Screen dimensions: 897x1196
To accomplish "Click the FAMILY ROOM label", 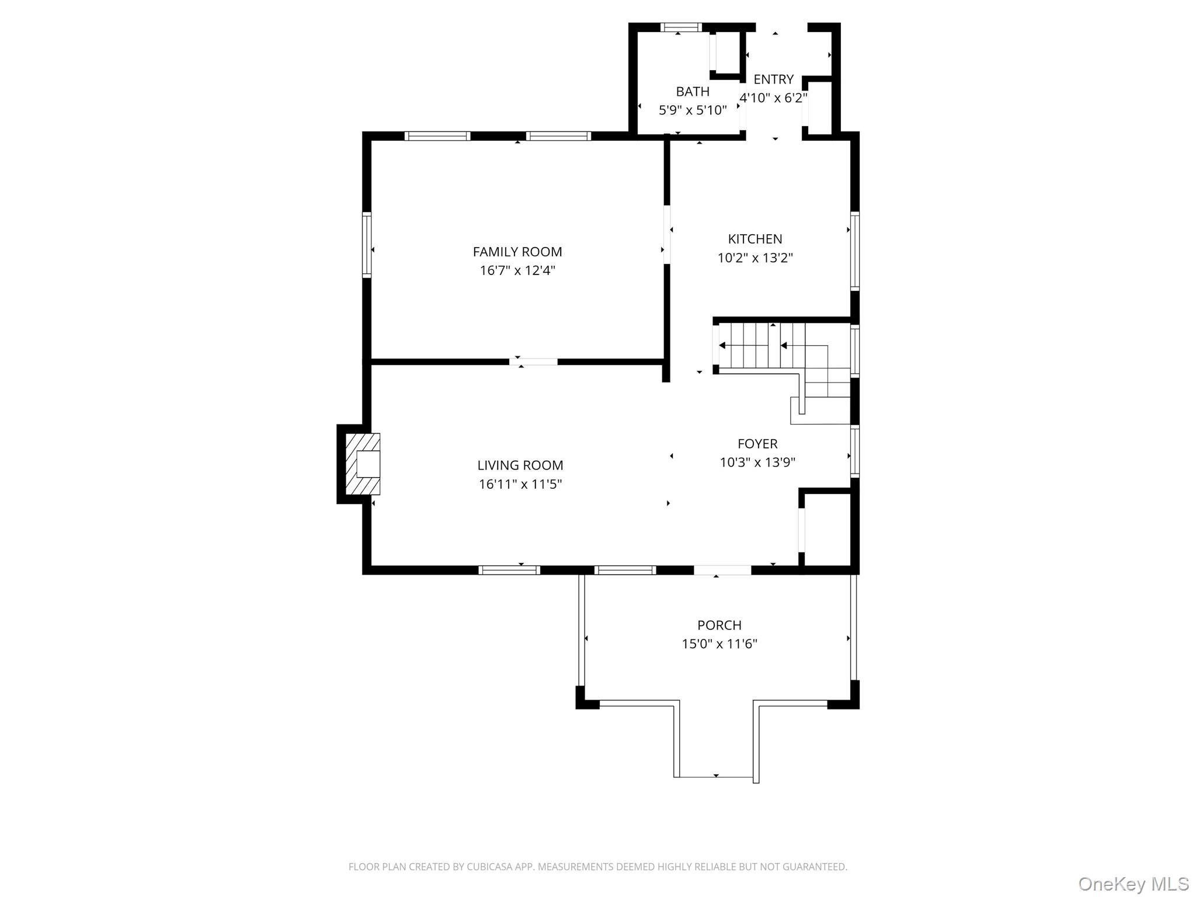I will tap(517, 252).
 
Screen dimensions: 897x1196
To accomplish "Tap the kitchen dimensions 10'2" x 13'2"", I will tap(755, 258).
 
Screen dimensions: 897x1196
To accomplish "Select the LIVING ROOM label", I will tap(520, 465).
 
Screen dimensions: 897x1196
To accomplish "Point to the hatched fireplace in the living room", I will tap(363, 464).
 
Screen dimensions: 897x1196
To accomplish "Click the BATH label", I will tap(693, 92).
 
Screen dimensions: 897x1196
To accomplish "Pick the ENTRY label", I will tap(773, 79).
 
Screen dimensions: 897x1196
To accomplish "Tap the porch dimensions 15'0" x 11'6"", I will tap(719, 644).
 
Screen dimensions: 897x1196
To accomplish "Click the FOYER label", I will tap(757, 444).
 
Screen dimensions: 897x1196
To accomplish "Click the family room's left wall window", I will tap(367, 244).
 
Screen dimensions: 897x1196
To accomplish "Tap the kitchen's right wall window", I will tap(854, 251).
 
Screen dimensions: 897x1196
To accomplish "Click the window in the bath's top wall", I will tap(681, 27).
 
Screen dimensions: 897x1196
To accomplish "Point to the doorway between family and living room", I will tap(533, 362).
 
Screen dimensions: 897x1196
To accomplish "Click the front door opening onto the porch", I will tap(722, 570).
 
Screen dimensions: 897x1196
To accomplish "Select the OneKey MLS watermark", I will tap(1133, 884).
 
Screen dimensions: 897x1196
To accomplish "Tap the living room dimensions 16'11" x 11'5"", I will tap(520, 484).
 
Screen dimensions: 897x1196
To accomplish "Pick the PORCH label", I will tap(719, 625).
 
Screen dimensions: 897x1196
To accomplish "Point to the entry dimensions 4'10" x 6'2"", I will tap(773, 98).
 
